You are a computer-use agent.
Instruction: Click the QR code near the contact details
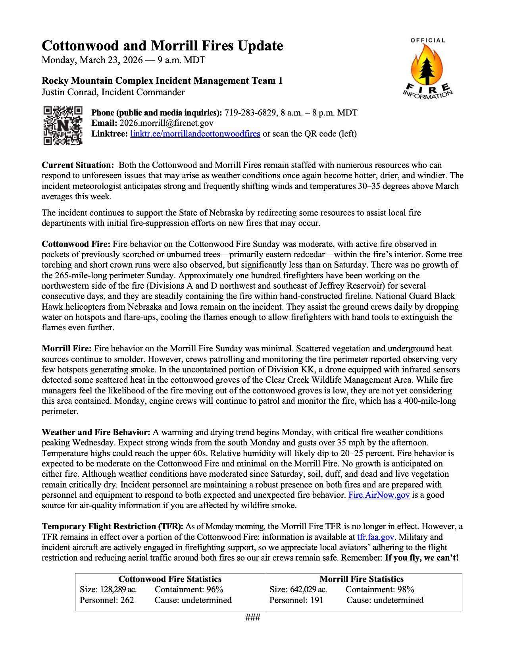coord(63,125)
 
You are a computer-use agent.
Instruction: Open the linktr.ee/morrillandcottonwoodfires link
coord(195,134)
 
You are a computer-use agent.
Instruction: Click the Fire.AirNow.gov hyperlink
coord(379,495)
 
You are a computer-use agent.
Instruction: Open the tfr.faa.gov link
coord(375,537)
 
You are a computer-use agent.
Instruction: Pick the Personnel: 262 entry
coord(107,600)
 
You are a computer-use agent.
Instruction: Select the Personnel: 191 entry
coord(296,600)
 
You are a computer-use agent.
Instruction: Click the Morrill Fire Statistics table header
coord(361,579)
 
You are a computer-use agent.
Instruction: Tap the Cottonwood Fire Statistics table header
coord(170,579)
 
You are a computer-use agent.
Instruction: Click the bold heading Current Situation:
coord(78,165)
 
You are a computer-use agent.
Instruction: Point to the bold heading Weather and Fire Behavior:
coord(96,432)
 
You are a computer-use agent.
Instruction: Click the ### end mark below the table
coord(253,617)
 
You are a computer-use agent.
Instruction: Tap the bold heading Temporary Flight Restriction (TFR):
coord(112,527)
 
